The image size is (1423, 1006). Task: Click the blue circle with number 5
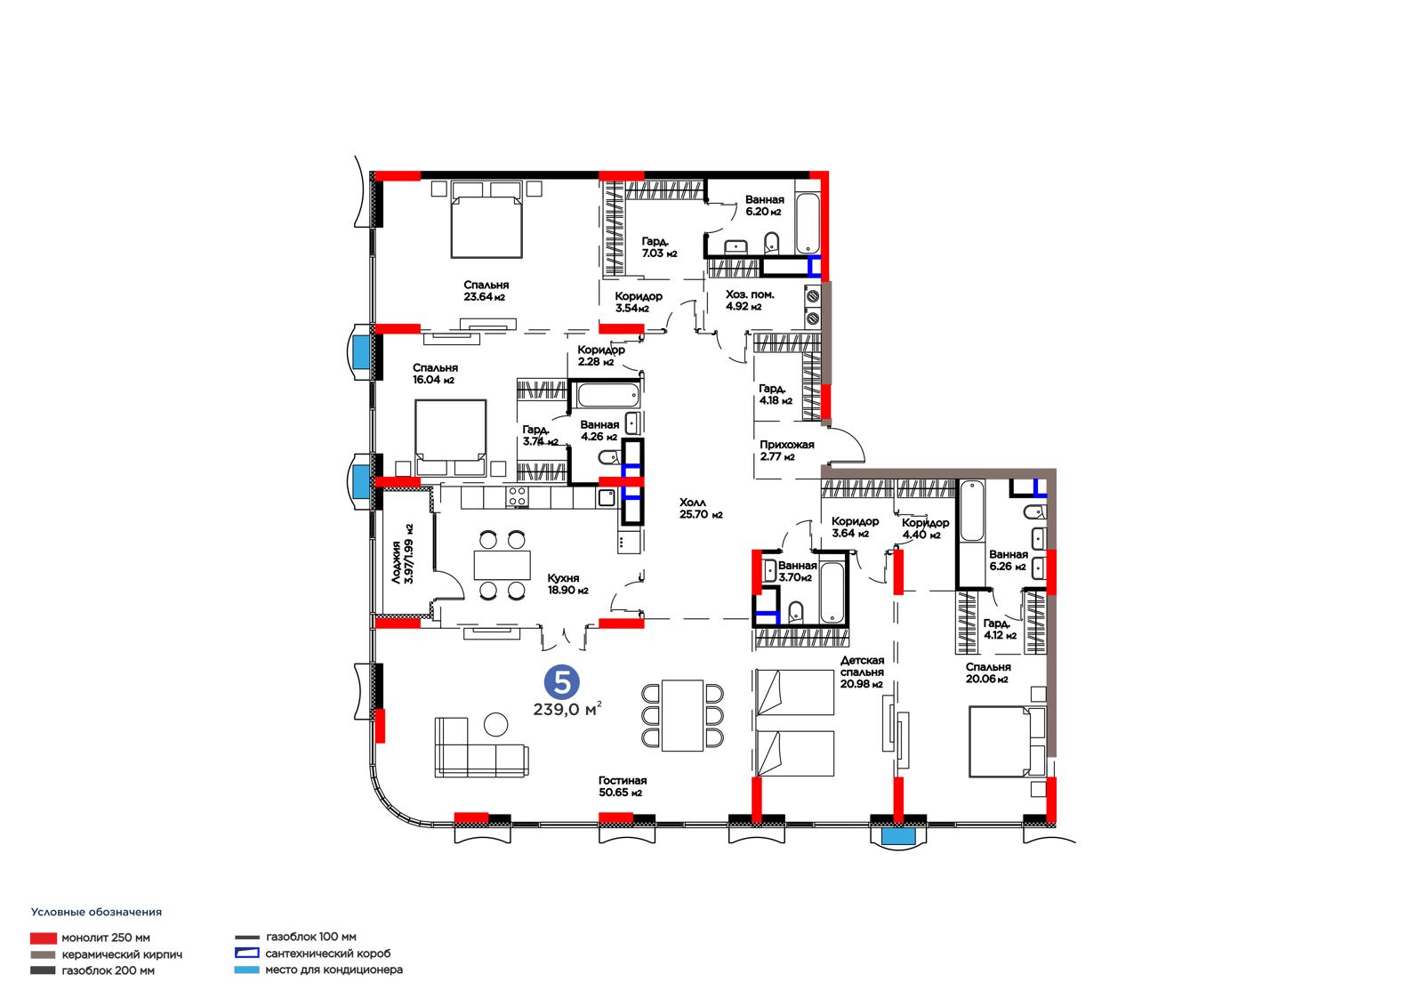(x=562, y=682)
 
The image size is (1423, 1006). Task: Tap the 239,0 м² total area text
(x=567, y=709)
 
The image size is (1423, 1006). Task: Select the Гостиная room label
(x=623, y=780)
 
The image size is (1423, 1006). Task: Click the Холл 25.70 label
(x=701, y=509)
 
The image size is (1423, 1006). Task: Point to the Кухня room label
(x=564, y=578)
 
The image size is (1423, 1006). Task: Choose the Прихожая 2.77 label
(x=786, y=451)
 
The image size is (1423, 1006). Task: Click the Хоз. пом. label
(x=751, y=295)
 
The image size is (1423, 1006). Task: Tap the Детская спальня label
(x=862, y=666)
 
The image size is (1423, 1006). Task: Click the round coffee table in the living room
(x=496, y=724)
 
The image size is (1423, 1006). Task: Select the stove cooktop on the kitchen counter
(x=517, y=497)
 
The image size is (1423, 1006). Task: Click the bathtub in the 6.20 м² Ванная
(x=808, y=223)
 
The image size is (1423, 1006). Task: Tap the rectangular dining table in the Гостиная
(x=682, y=715)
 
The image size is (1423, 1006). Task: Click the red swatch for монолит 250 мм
(x=44, y=938)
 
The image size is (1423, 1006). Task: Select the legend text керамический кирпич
(x=122, y=954)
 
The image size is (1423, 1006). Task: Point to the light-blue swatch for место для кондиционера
(x=246, y=970)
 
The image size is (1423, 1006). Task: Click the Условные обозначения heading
(x=97, y=912)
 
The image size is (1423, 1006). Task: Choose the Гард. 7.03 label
(x=659, y=247)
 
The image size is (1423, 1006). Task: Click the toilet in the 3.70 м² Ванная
(x=795, y=613)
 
